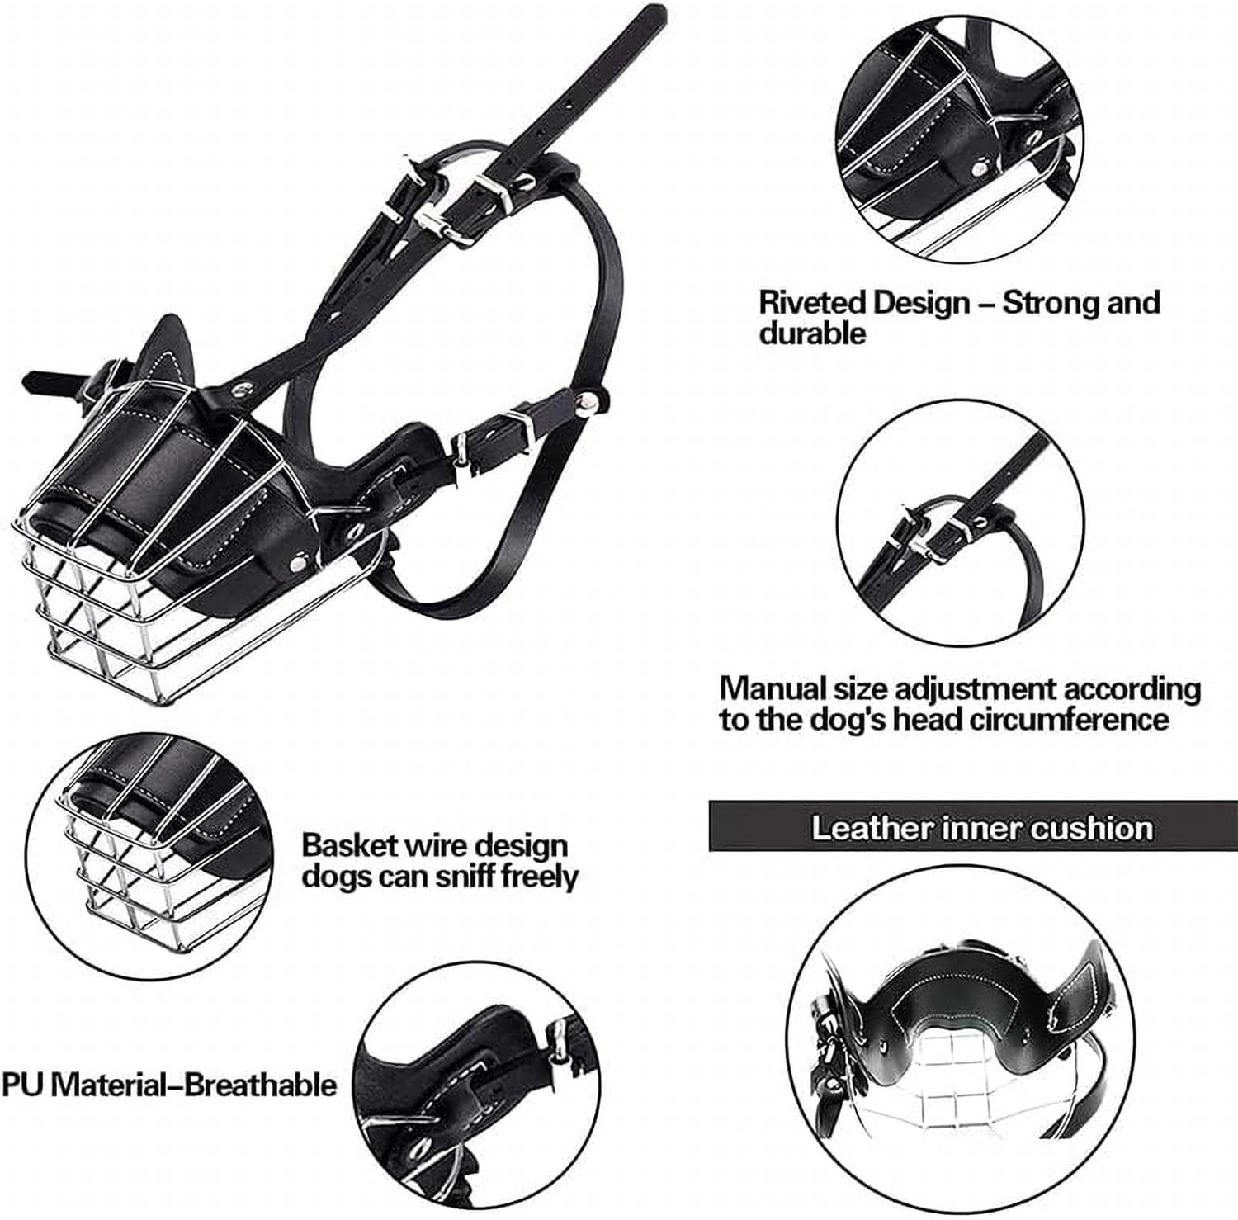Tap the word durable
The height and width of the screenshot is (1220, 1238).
(812, 333)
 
